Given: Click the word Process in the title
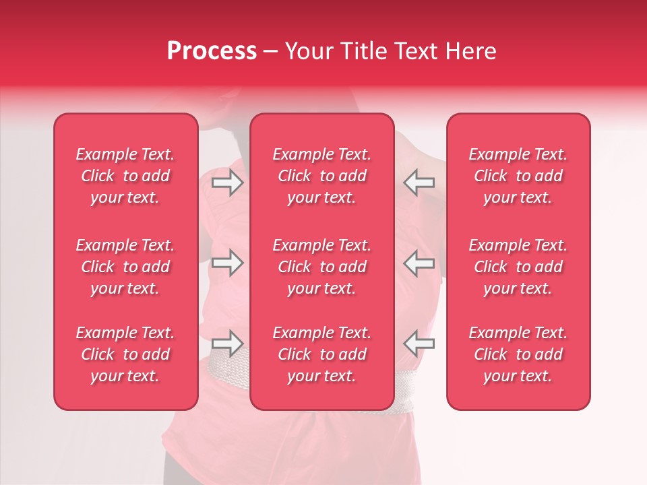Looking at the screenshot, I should (x=212, y=51).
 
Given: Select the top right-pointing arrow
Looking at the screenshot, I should (x=227, y=183).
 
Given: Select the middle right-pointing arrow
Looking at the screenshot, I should (x=227, y=263).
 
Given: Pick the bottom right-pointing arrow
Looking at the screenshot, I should (x=227, y=343).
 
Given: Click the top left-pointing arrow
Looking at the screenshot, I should (x=419, y=183).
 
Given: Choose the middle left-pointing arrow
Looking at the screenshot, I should (x=419, y=263).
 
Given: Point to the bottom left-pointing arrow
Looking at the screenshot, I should (x=419, y=343).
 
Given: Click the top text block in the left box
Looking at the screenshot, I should (x=125, y=176).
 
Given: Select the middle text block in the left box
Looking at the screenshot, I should (x=125, y=267).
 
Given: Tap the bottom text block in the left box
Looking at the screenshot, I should (x=125, y=354).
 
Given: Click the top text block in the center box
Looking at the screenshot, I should (x=322, y=176).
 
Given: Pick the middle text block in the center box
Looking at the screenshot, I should (x=322, y=267).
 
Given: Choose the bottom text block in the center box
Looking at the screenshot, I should (x=322, y=354).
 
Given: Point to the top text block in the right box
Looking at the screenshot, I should (x=518, y=176).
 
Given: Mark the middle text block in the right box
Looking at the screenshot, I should (x=518, y=267).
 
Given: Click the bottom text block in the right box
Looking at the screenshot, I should (x=518, y=354).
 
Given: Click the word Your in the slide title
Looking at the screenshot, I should (x=307, y=51).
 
